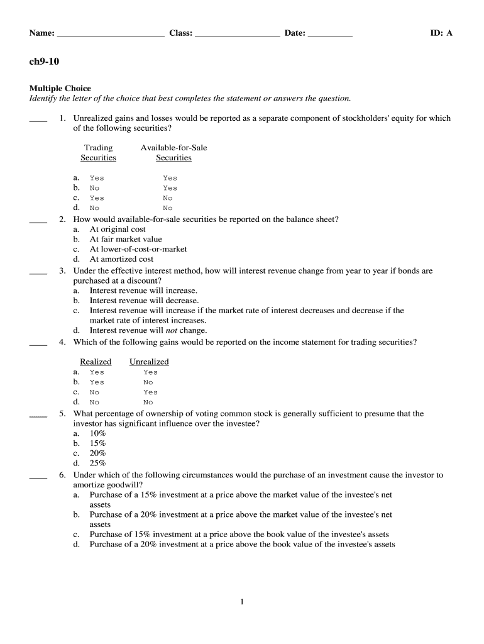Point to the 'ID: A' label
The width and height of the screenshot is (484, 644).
[441, 33]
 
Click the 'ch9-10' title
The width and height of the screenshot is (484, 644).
[44, 61]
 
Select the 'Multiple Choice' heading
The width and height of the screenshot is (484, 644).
[60, 89]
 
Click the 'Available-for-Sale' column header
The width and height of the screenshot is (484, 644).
[173, 148]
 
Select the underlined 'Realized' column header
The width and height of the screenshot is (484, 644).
[96, 362]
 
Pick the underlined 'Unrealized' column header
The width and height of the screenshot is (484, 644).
[149, 362]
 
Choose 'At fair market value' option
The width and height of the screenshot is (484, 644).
[126, 239]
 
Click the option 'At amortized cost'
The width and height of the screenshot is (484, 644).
[121, 259]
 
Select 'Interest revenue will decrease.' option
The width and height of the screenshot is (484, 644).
[144, 301]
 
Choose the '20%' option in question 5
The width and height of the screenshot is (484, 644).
[97, 453]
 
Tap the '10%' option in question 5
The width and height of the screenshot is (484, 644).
[97, 433]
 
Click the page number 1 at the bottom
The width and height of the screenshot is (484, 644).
[242, 602]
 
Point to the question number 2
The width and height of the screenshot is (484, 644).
[62, 219]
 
